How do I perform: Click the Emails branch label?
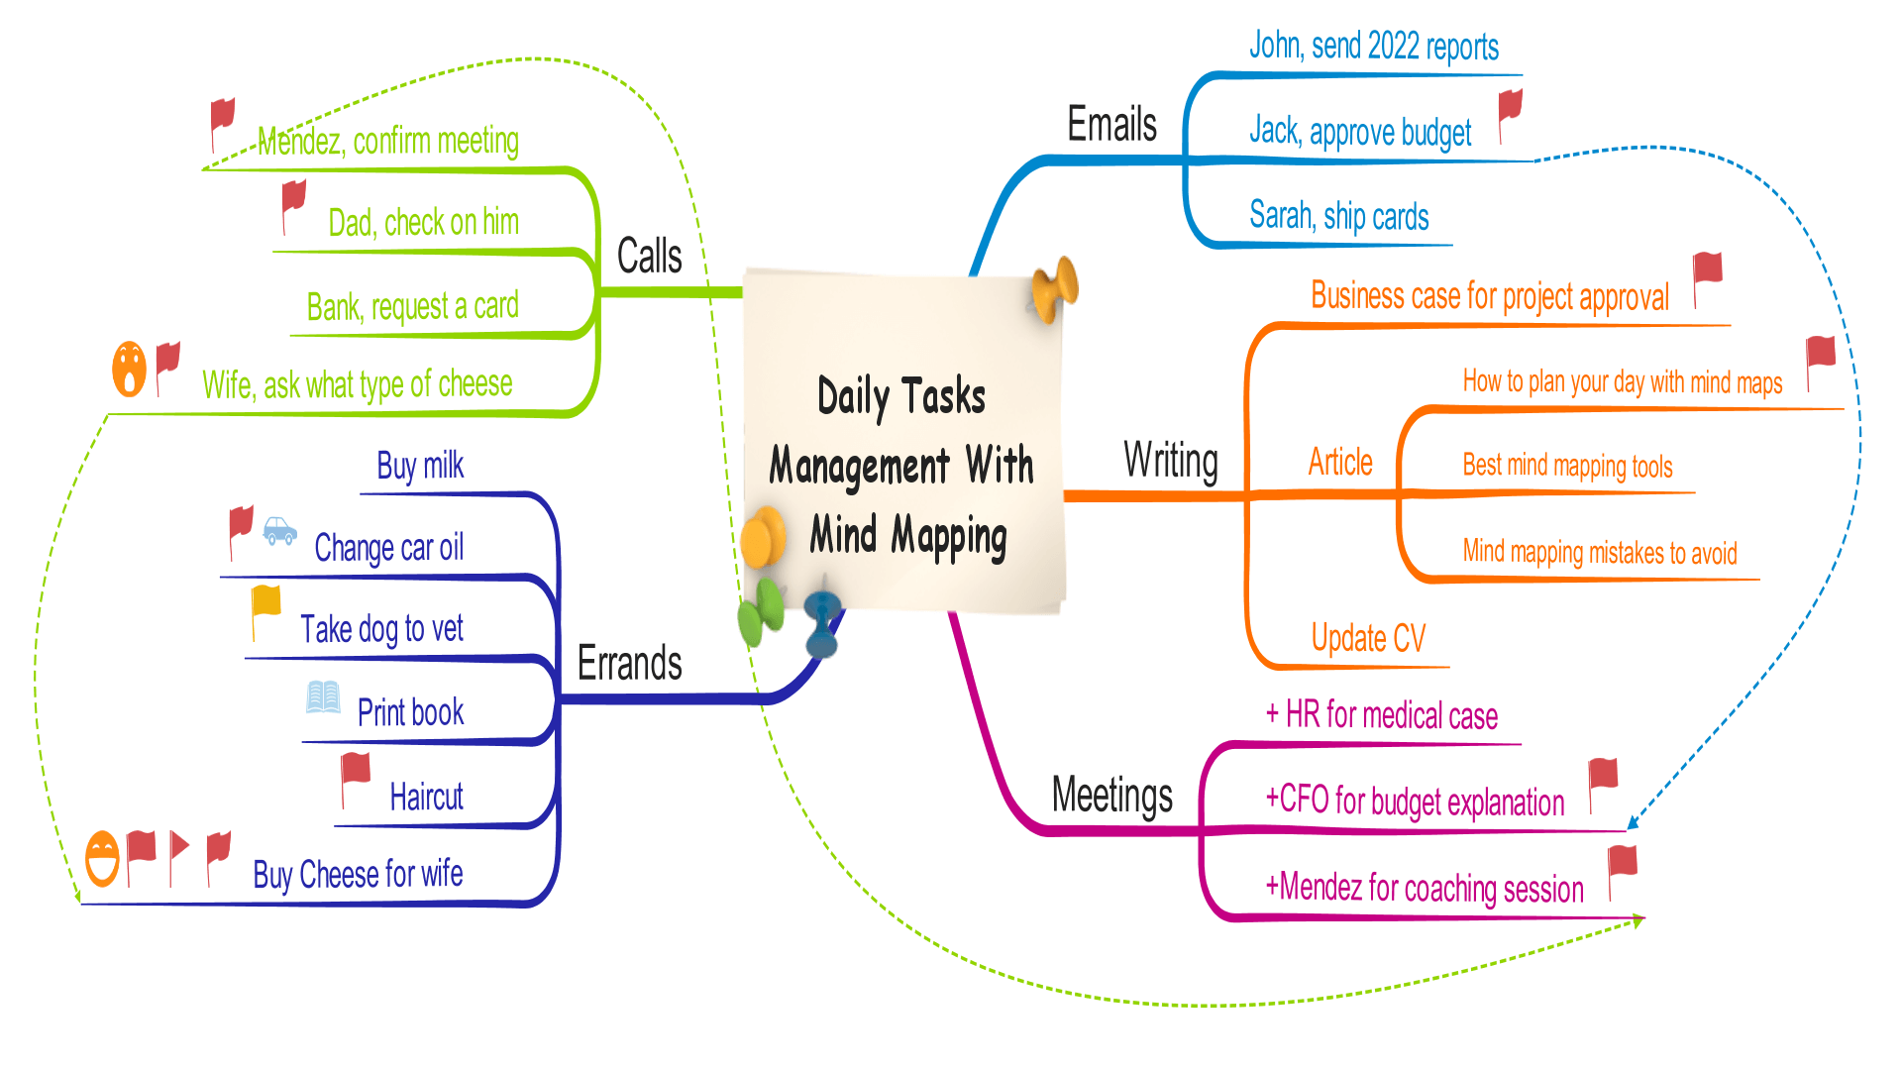pyautogui.click(x=1111, y=125)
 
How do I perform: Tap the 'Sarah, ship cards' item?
pyautogui.click(x=1338, y=216)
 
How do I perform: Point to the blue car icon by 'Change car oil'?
pyautogui.click(x=280, y=532)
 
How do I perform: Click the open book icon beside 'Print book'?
pyautogui.click(x=323, y=697)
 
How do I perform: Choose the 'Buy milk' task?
pyautogui.click(x=420, y=466)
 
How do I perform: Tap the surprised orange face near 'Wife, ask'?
pyautogui.click(x=129, y=369)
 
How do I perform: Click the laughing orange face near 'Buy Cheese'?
pyautogui.click(x=102, y=857)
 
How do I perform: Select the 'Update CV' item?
pyautogui.click(x=1368, y=639)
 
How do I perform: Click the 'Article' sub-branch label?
pyautogui.click(x=1340, y=463)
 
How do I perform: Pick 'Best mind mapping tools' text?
pyautogui.click(x=1567, y=466)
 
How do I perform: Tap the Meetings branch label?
pyautogui.click(x=1111, y=796)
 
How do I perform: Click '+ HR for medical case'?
pyautogui.click(x=1381, y=715)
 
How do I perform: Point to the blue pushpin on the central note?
pyautogui.click(x=822, y=621)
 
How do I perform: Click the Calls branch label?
pyautogui.click(x=649, y=257)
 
